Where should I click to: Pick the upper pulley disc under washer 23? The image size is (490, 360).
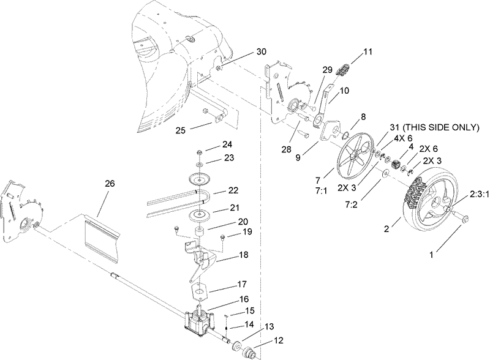(x=200, y=179)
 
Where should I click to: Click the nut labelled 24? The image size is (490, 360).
(x=200, y=152)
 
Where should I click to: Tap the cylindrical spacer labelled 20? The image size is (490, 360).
(x=200, y=233)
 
